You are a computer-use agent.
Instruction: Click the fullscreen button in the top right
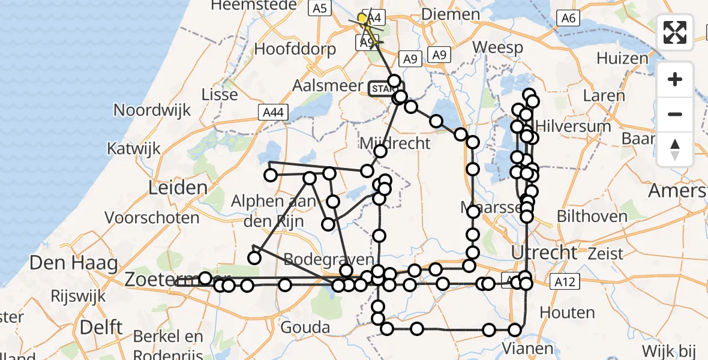point(675,32)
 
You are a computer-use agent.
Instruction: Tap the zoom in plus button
point(675,79)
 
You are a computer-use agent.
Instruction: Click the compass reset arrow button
point(675,149)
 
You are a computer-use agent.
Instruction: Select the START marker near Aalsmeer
point(383,89)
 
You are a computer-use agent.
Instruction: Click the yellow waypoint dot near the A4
point(363,19)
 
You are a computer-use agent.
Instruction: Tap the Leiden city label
point(178,188)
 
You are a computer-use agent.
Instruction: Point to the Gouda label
point(306,328)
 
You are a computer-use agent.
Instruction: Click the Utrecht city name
point(544,252)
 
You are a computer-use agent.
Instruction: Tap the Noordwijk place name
point(152,110)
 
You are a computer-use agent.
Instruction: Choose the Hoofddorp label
point(295,49)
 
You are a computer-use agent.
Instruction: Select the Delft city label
point(101,328)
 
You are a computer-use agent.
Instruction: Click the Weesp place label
point(497,47)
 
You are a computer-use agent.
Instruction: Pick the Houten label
point(567,313)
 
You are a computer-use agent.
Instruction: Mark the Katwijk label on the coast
point(132,148)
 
